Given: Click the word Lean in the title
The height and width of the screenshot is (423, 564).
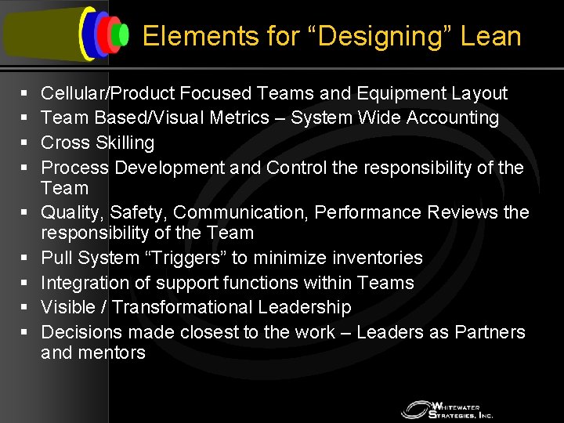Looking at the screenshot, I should click(x=491, y=36).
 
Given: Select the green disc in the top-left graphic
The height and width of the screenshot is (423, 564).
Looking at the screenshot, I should click(x=121, y=34).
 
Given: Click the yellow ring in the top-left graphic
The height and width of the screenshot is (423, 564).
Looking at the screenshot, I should click(x=85, y=34).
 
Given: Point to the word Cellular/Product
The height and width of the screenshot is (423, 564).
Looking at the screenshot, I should click(x=107, y=93).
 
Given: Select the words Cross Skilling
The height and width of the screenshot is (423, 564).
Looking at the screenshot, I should click(x=97, y=143).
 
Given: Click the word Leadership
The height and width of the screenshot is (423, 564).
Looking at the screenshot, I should click(x=311, y=307).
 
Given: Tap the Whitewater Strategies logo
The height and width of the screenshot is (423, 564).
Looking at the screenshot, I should click(x=446, y=409).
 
